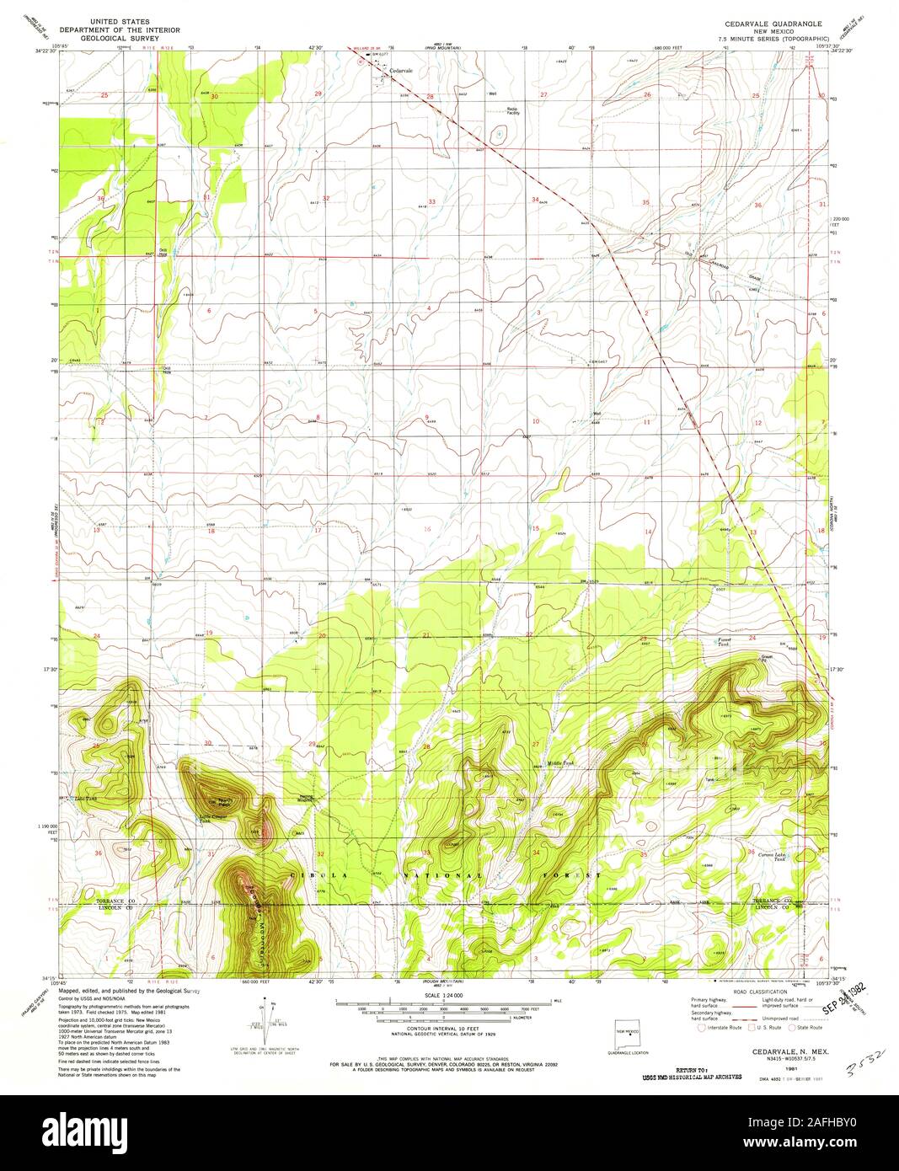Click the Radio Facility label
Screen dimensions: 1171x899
click(512, 110)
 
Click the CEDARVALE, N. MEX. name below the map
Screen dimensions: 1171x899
click(770, 1052)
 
